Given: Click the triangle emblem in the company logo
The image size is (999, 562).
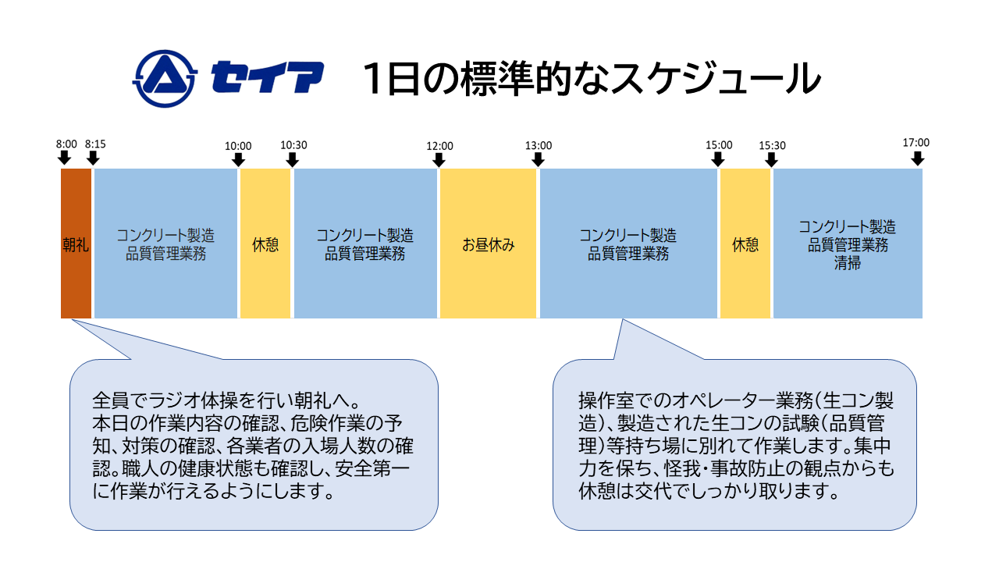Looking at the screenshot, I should [165, 79].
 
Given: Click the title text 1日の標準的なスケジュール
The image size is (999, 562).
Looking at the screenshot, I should [591, 79].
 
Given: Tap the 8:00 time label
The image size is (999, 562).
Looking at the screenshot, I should [67, 144].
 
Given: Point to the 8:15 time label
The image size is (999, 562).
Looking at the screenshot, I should [95, 144].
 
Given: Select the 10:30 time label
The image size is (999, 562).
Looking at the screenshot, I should [293, 145].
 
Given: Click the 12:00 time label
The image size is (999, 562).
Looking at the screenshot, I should [439, 145].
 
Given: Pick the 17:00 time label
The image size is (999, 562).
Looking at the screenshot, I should [916, 143].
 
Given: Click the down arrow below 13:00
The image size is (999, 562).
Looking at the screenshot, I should [538, 159].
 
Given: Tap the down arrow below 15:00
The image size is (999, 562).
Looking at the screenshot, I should [718, 159].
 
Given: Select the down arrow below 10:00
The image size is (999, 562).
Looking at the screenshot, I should [239, 159].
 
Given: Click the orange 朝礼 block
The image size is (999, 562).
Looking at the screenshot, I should [76, 244].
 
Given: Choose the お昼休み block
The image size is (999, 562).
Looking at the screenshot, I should [489, 244].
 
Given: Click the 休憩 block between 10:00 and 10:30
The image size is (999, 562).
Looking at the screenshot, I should [265, 244].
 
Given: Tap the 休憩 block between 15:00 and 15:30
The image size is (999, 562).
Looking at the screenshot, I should [745, 244].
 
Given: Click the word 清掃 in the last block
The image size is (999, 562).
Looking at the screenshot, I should [848, 263].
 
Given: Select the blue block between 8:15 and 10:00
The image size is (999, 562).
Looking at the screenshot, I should [165, 244].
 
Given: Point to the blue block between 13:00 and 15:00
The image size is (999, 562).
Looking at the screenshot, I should [628, 244].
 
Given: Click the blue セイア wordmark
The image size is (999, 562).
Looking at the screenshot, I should [268, 79].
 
